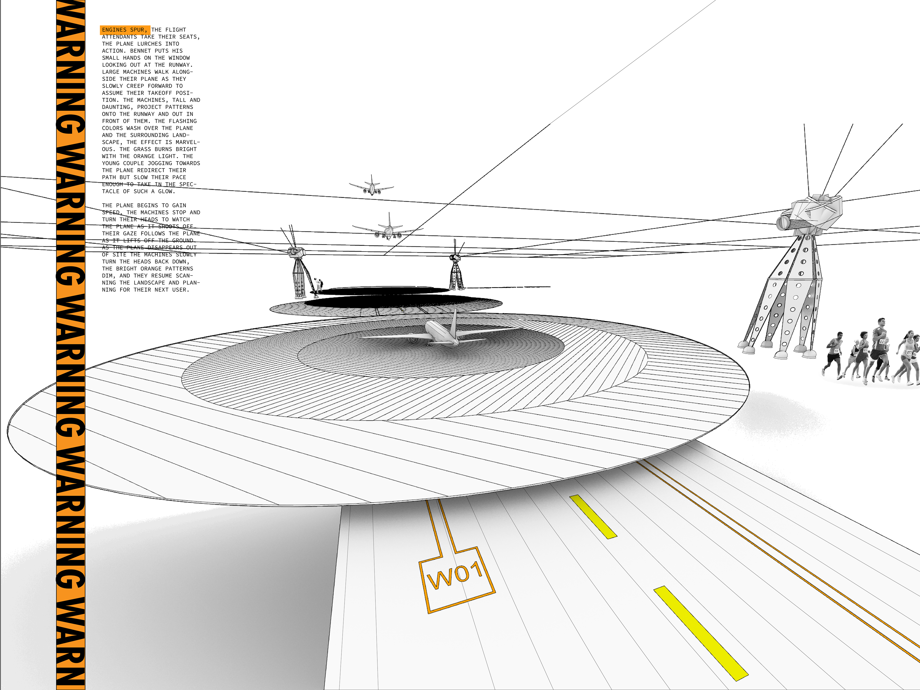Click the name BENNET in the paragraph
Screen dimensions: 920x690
point(141,51)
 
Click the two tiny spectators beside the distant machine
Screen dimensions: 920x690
point(318,284)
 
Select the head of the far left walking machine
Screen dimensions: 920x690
point(297,252)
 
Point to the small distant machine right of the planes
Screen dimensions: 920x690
point(456,270)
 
